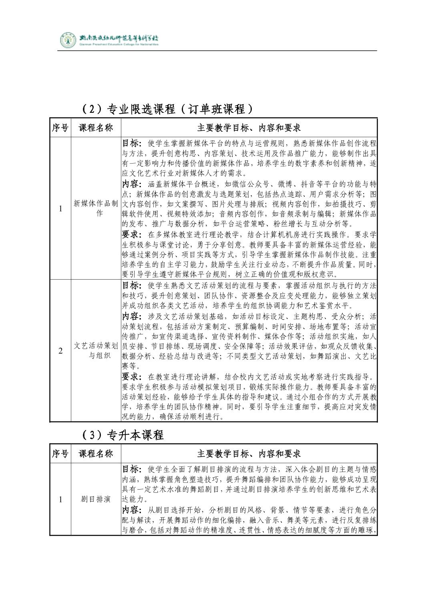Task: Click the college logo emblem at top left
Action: coord(67,40)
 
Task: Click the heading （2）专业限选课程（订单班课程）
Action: coord(167,109)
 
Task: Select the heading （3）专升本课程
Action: coord(122,434)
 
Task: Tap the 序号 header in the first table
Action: coord(60,128)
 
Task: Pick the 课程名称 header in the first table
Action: coord(96,128)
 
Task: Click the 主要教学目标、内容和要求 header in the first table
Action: coord(249,128)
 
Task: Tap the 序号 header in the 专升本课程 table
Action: coord(60,454)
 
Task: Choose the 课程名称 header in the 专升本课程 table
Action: coord(96,454)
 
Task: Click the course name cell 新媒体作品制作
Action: coord(96,208)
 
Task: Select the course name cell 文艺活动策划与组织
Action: coord(96,350)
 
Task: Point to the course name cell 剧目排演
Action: coord(96,499)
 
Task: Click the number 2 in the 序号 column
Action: coord(60,351)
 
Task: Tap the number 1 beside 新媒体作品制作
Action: coord(60,208)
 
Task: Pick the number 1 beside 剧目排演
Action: coord(60,499)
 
